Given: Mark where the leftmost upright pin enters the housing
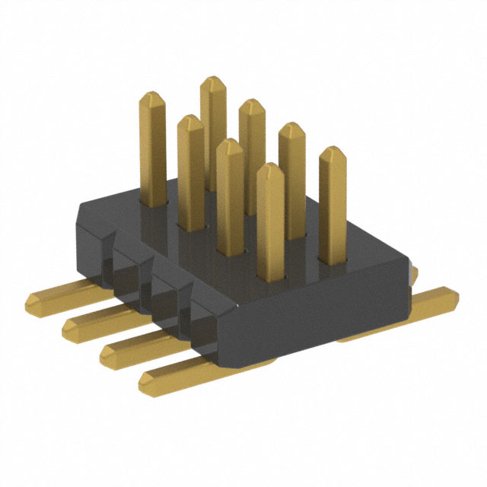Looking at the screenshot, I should click(x=154, y=204).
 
